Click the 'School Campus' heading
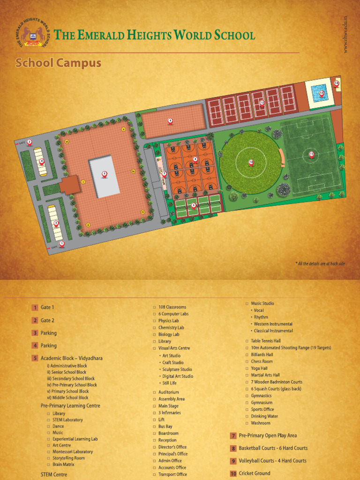coord(58,63)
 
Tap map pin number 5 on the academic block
coord(105,174)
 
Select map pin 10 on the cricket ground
coord(251,162)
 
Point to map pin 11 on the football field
coord(311,154)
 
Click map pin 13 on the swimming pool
coord(322,93)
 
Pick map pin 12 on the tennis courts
coord(262,102)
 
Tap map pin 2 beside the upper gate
coord(29,142)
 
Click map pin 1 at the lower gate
coord(61,244)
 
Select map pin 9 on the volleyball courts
coord(194,205)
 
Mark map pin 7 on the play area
coord(164,174)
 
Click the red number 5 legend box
coord(35,359)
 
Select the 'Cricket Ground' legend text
coord(255,473)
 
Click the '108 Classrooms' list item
coord(172,307)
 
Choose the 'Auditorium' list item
coord(168,392)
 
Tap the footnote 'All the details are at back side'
coord(320,263)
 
